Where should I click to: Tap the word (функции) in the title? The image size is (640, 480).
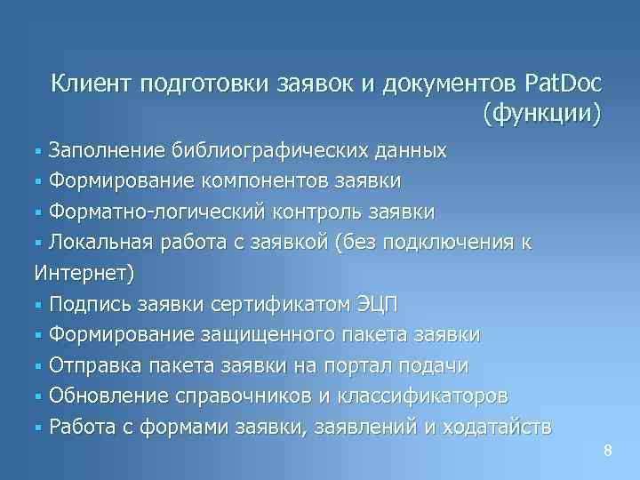[x=542, y=114]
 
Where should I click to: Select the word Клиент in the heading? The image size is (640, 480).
[x=85, y=84]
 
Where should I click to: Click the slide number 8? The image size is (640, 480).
[x=608, y=451]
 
